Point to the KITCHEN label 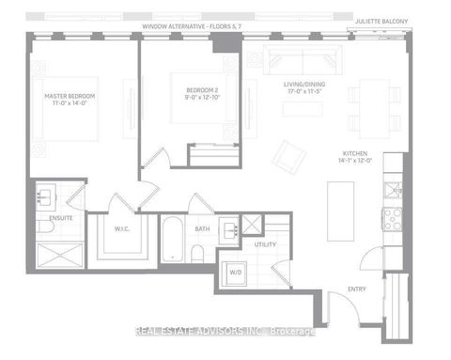click(x=354, y=158)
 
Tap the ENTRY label click(x=356, y=289)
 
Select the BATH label click(x=202, y=227)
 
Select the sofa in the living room click(x=292, y=59)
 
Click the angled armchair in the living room click(x=288, y=156)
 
